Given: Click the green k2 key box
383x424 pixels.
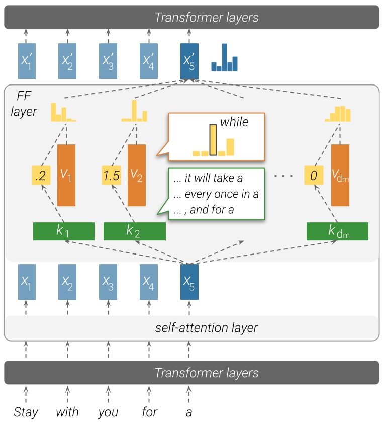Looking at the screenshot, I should [x=134, y=231].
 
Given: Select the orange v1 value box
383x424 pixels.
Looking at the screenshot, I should [x=67, y=175].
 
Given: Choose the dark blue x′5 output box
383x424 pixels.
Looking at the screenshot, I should [x=189, y=60].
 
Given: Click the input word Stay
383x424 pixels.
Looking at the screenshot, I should [x=26, y=412].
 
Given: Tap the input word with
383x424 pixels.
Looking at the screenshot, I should [x=67, y=412].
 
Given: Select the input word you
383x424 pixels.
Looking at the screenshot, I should [x=108, y=412].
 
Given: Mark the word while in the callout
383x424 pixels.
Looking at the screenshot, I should [x=234, y=121].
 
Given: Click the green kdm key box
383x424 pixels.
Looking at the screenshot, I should [x=337, y=231].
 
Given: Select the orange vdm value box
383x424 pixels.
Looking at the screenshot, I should [x=340, y=175].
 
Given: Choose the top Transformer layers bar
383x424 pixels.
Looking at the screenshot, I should [x=191, y=17].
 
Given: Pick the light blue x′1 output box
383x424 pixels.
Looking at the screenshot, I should [x=27, y=60].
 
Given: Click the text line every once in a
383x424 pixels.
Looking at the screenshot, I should [x=215, y=194].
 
